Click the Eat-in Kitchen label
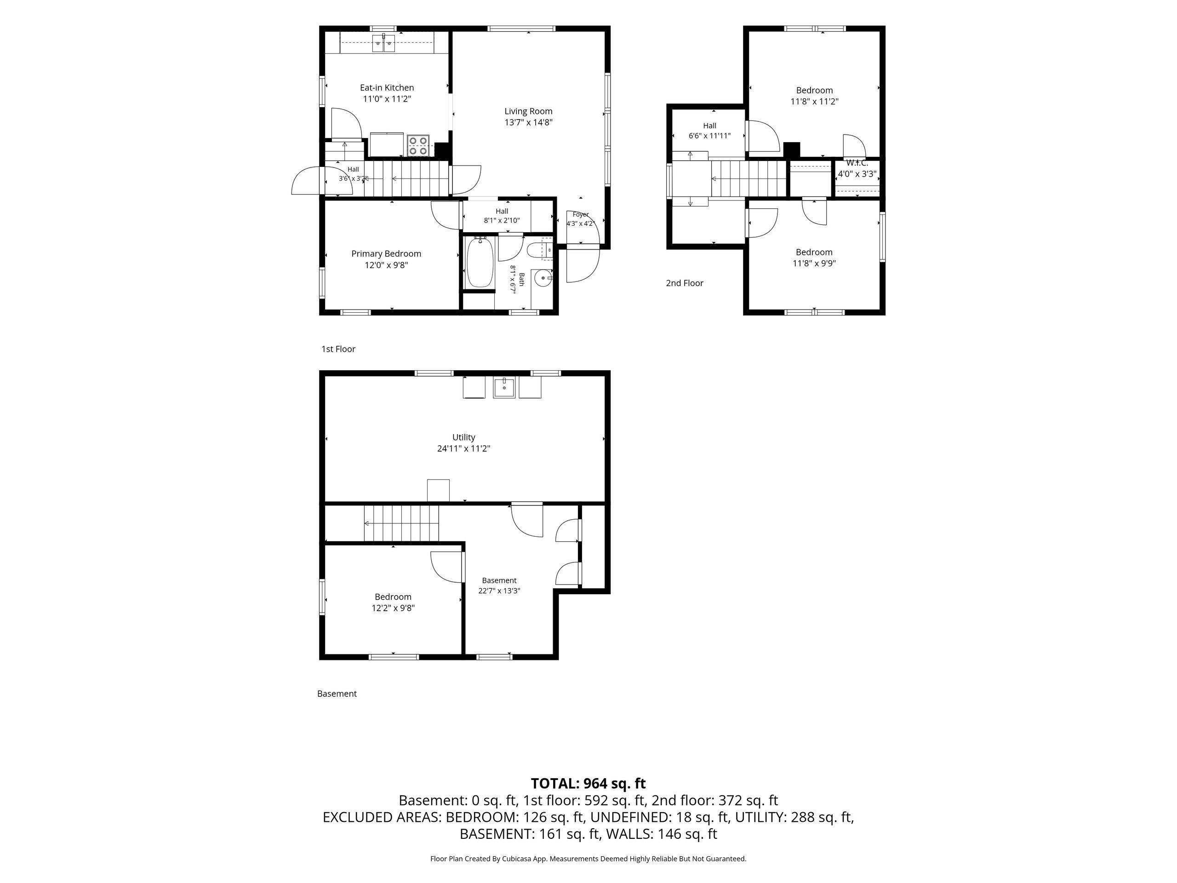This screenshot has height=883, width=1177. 387,88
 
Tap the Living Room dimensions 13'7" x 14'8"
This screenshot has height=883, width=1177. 528,122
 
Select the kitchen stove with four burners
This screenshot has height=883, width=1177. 419,145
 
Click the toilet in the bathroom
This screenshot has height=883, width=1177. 538,250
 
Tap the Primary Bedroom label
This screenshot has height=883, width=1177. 386,254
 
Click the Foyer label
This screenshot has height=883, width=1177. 581,214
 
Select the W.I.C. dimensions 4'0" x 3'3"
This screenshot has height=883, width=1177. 857,173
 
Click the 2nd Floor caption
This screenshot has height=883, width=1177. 685,283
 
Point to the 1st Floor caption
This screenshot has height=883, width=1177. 338,349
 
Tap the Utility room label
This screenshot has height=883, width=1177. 463,437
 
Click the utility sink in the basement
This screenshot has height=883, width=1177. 504,388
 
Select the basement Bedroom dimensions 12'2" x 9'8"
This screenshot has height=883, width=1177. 393,608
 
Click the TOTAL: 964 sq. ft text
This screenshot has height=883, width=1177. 588,784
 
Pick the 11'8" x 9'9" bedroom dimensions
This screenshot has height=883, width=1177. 814,264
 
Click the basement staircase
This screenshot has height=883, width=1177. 401,524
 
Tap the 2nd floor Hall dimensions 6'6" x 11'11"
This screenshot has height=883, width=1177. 710,136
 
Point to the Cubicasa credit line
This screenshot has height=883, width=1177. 588,859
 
